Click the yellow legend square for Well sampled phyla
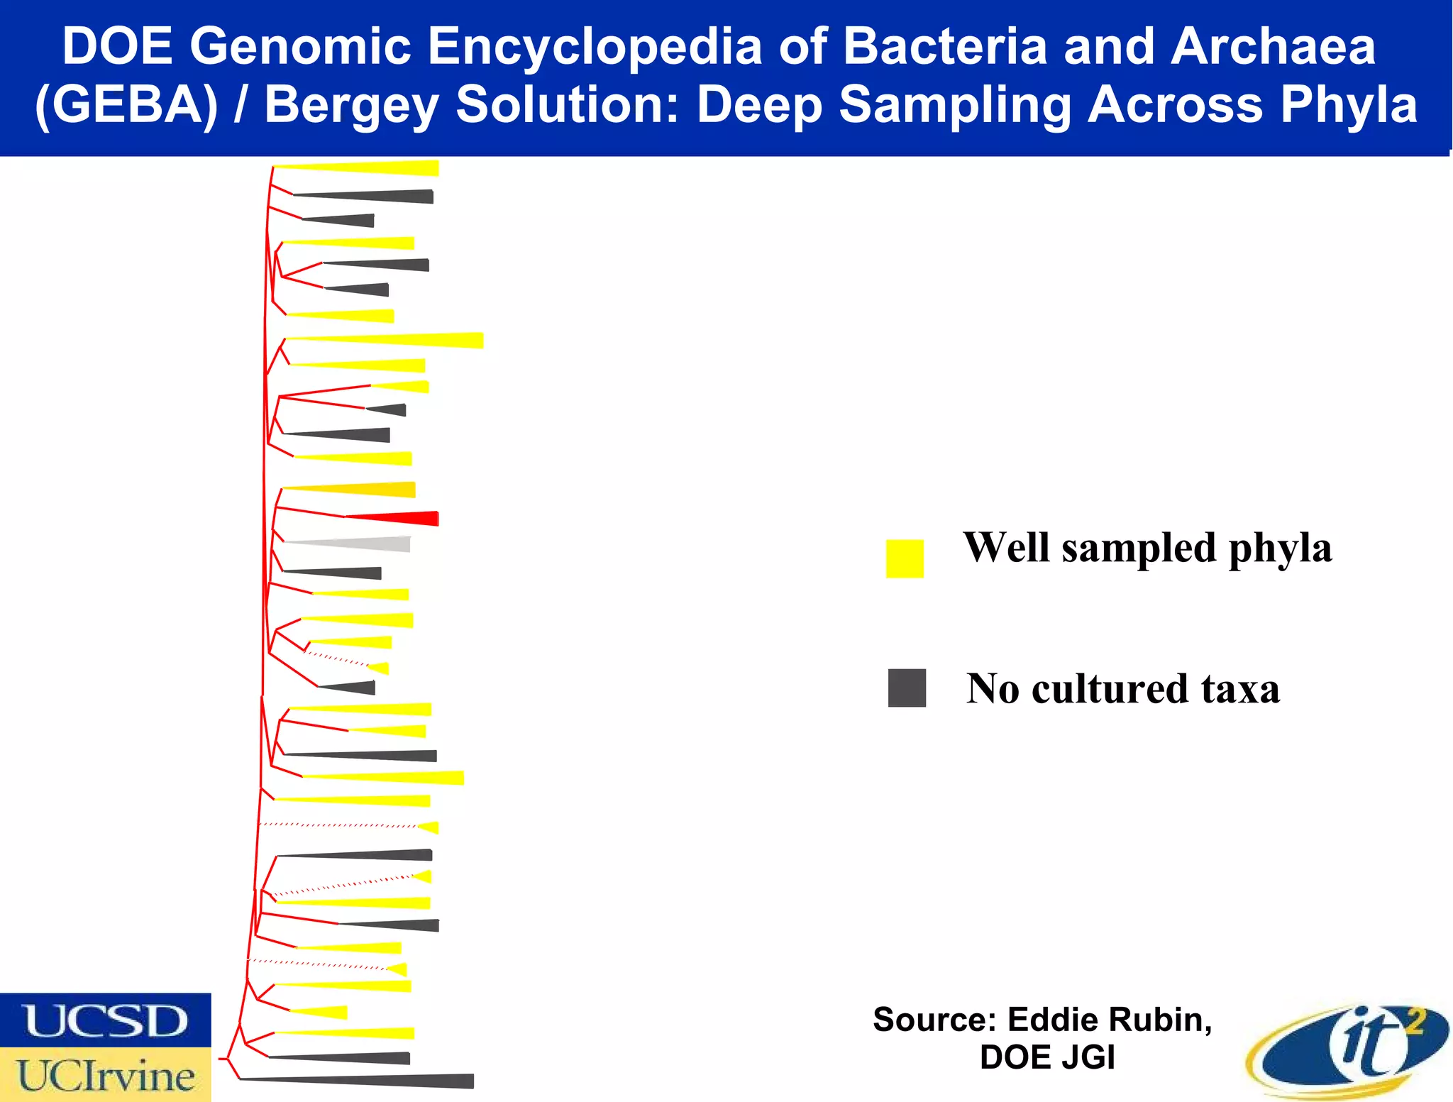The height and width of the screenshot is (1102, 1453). [905, 558]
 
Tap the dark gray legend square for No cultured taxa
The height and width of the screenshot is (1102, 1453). [907, 688]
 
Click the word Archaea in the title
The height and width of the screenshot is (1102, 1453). [1273, 46]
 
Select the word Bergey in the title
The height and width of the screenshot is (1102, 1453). [352, 104]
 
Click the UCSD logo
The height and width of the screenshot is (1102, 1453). [105, 1020]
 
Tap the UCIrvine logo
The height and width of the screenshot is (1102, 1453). [105, 1075]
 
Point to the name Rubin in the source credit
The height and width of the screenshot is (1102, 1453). [1161, 1020]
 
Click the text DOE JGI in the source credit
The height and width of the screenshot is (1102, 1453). [1047, 1057]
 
